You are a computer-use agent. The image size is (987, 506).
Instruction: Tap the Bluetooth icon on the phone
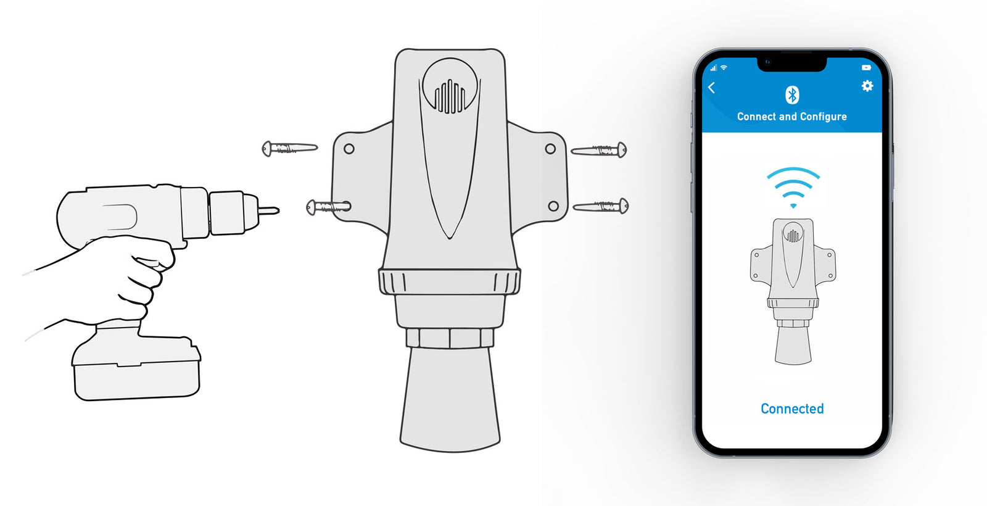coord(792,95)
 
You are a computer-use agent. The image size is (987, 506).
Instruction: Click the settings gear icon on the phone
coord(867,86)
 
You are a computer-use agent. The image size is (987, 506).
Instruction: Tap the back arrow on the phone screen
coord(712,88)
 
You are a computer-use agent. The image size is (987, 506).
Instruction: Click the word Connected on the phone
coord(792,409)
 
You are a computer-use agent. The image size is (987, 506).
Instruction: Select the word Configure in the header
coord(823,117)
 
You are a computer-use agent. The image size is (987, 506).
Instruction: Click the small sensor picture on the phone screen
coord(793,290)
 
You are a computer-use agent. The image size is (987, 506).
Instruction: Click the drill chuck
coord(233,213)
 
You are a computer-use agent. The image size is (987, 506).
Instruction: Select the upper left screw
coord(289,149)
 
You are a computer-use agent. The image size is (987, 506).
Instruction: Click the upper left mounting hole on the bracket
coord(349,149)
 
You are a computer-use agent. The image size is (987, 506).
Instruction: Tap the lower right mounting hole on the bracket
coord(553,206)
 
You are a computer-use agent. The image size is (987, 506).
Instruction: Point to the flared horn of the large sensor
coord(450,398)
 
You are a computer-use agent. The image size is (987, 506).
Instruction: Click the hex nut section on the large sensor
coord(450,338)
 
